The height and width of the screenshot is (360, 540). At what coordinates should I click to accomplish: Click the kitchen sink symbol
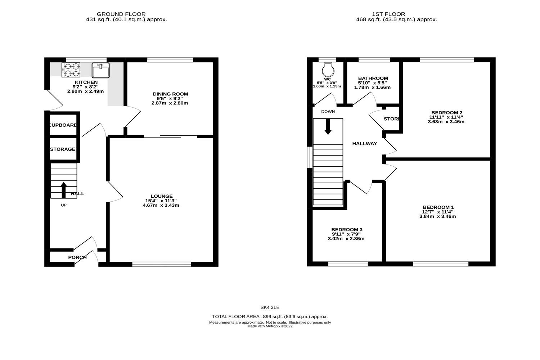(100, 70)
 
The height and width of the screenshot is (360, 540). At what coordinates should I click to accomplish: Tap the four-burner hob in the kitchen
(71, 70)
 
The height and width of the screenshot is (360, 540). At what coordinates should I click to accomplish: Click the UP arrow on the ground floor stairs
(64, 190)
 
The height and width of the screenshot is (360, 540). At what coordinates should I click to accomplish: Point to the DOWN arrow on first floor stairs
(328, 127)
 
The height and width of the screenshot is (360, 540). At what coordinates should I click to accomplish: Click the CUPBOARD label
(63, 125)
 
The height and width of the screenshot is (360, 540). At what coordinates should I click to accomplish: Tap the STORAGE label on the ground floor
(63, 149)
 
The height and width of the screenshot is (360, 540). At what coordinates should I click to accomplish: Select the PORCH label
(77, 257)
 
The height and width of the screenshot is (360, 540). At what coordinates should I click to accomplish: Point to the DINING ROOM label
(170, 94)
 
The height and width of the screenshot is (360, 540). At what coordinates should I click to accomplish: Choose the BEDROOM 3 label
(346, 230)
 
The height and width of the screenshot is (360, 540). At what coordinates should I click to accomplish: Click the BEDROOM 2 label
(446, 112)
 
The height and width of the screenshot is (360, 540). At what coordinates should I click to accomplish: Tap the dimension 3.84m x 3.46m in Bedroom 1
(437, 216)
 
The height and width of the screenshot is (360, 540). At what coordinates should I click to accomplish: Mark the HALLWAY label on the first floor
(364, 144)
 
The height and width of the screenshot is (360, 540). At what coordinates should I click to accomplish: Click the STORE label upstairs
(391, 119)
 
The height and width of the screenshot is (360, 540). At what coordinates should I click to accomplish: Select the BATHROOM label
(373, 78)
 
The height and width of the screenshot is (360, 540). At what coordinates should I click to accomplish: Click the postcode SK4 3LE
(270, 307)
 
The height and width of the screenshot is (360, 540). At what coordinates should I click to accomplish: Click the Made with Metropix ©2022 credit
(270, 326)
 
